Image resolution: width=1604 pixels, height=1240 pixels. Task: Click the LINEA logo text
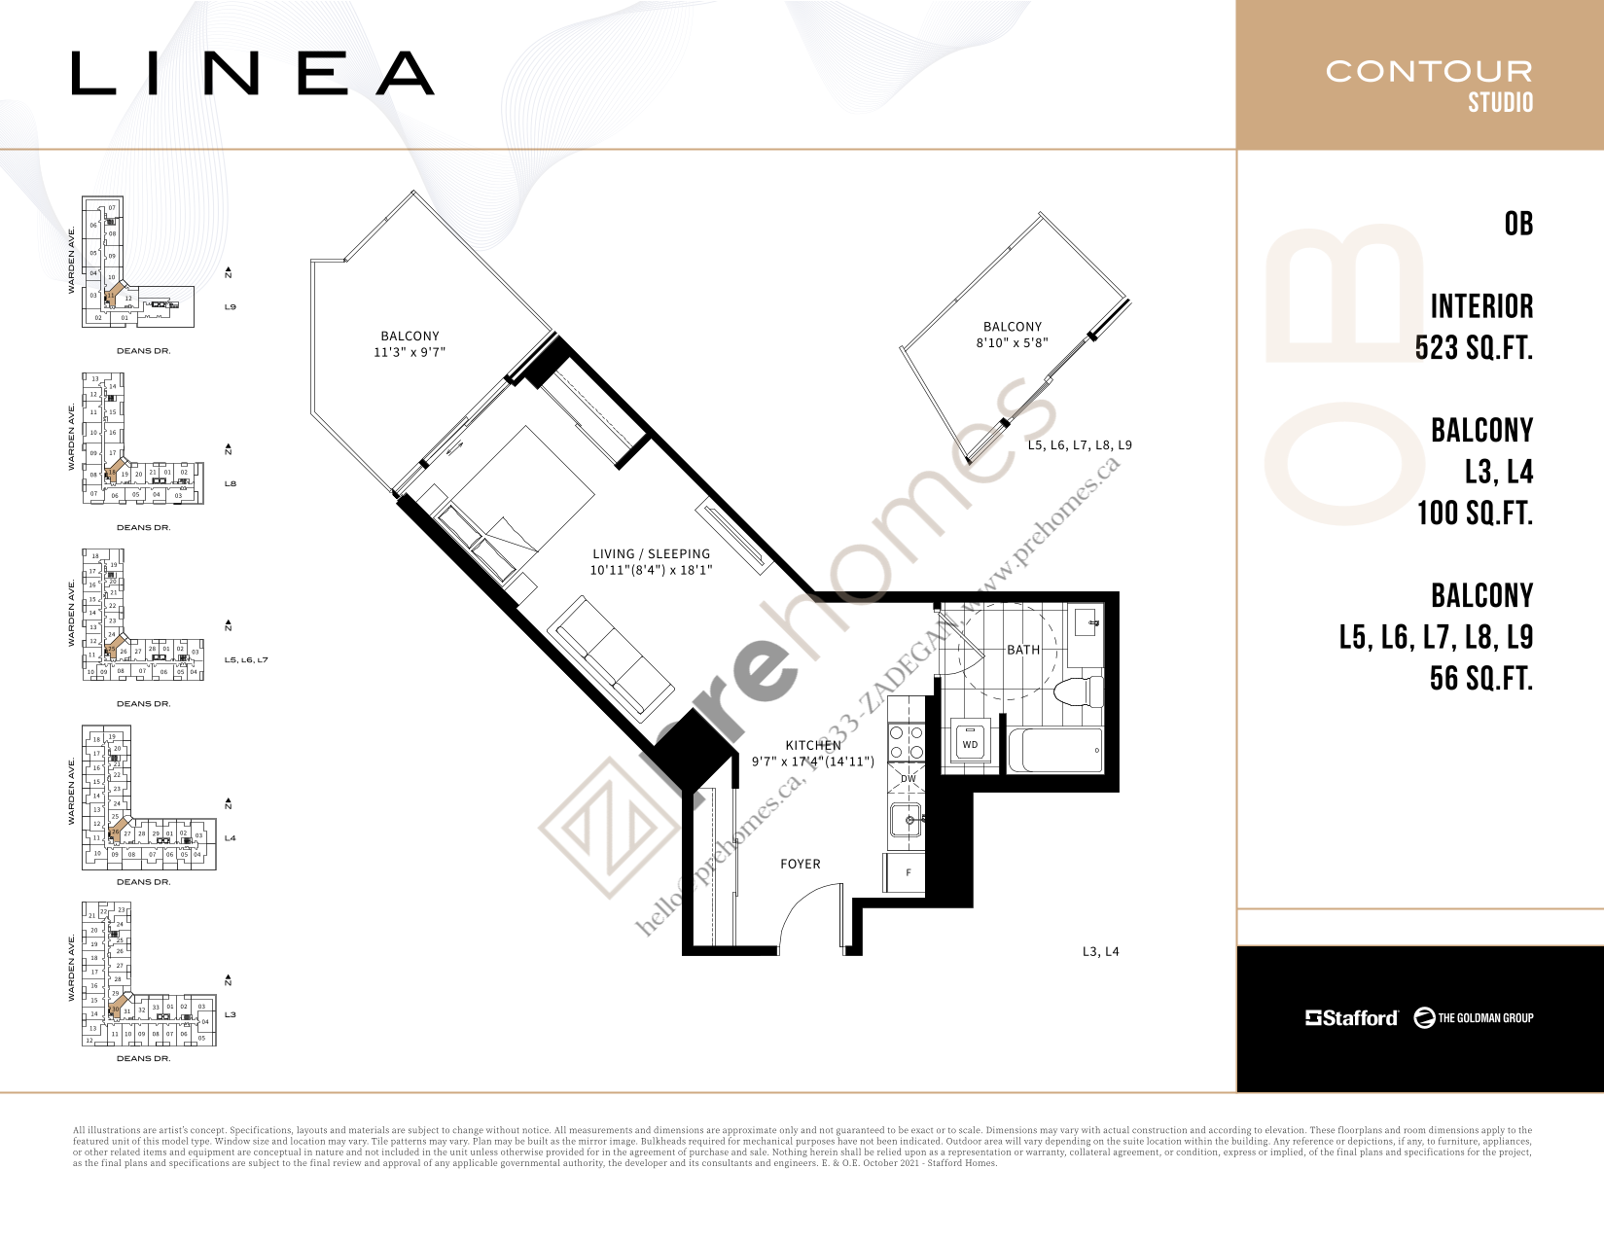(x=253, y=74)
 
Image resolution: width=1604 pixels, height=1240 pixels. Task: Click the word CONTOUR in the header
(x=1428, y=71)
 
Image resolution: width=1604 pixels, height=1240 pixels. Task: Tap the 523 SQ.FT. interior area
(x=1474, y=347)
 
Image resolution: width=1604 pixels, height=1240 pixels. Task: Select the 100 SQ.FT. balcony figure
(x=1475, y=513)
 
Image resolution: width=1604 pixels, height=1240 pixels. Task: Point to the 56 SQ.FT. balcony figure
(x=1480, y=678)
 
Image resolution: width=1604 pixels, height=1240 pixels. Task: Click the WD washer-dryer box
(x=970, y=744)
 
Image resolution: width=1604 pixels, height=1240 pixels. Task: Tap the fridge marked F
(x=906, y=872)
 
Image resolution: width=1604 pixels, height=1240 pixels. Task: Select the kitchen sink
(x=907, y=821)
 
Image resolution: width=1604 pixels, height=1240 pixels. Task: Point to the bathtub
(x=1055, y=751)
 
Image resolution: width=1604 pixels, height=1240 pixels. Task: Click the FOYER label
(x=800, y=864)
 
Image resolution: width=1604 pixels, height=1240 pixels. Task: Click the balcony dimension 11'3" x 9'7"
(x=410, y=352)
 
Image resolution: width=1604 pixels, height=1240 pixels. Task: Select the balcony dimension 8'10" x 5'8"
(x=1012, y=342)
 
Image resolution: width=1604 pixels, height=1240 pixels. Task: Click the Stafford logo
(x=1351, y=1017)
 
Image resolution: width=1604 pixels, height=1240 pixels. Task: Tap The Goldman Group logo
(x=1474, y=1017)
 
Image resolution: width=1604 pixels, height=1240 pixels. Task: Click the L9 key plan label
(x=231, y=307)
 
